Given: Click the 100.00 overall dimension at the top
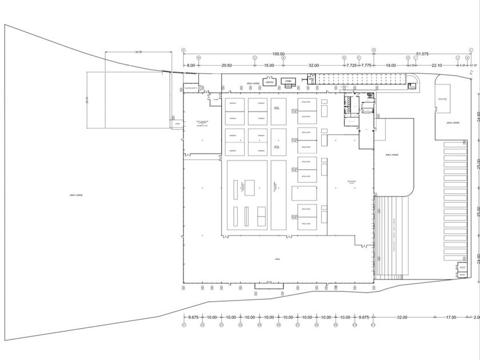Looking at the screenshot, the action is click(x=279, y=54).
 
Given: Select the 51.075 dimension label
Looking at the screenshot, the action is click(x=423, y=54).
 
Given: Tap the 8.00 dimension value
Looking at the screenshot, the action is click(x=191, y=66).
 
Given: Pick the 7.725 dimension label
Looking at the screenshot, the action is click(x=351, y=66).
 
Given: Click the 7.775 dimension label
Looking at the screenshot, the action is click(x=366, y=66).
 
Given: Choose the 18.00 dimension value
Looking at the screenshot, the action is click(x=391, y=66).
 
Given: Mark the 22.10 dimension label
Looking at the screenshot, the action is click(x=437, y=66).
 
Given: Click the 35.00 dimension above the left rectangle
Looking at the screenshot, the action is click(x=138, y=52).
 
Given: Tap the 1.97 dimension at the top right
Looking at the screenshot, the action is click(x=473, y=66).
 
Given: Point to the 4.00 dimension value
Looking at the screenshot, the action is click(x=411, y=66).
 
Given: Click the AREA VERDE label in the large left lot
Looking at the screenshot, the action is click(x=77, y=195).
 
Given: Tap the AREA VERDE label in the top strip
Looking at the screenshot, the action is click(x=253, y=83).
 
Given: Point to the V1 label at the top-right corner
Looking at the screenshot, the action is click(x=472, y=72).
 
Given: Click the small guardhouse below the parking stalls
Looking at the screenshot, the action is click(x=462, y=269).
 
